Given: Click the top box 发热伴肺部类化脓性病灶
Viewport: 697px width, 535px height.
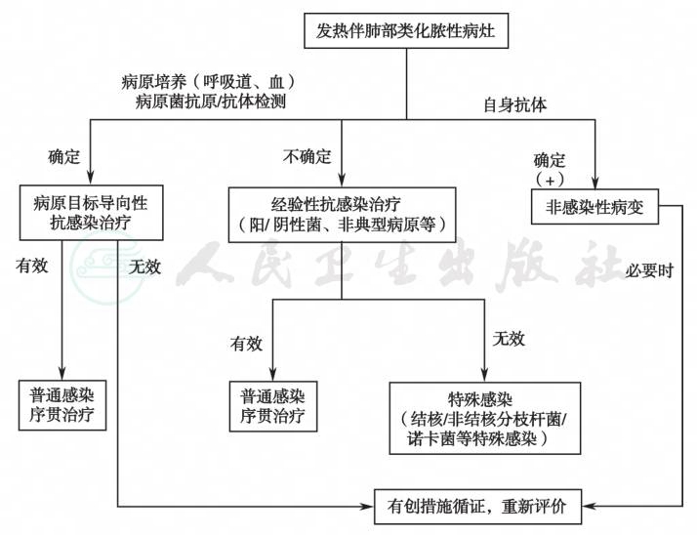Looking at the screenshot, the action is tap(406, 30).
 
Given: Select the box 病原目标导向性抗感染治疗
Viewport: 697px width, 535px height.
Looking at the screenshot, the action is tap(91, 213).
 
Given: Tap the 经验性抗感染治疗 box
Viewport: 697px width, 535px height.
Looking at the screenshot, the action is tap(342, 215).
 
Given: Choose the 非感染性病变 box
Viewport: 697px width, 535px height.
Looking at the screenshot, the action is tap(594, 206).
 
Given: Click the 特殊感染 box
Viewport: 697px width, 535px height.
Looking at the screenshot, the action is tap(485, 418).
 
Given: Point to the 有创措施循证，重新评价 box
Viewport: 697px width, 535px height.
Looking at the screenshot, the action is tap(478, 507).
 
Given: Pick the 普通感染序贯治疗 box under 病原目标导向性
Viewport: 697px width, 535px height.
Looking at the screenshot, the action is tap(62, 405).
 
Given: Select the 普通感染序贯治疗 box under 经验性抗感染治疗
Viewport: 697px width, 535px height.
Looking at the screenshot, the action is tap(273, 406).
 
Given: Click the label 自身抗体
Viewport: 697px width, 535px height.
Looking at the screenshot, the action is tap(515, 105).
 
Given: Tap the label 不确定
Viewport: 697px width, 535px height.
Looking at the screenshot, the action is tap(307, 156).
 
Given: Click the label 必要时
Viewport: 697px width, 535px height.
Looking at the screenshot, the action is tap(649, 270).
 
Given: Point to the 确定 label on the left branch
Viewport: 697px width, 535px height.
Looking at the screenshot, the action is tap(64, 156).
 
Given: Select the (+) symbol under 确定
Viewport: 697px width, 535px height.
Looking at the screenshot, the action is tap(550, 180).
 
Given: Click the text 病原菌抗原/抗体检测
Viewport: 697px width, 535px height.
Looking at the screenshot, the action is tap(210, 102).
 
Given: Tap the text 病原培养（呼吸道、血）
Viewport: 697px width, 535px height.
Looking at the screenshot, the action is tap(209, 82).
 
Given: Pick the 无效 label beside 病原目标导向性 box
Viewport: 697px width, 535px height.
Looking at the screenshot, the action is tap(144, 267).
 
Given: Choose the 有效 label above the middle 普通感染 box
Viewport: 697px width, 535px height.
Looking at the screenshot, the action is tap(246, 344).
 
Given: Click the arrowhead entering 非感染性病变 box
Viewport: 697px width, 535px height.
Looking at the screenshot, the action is tap(594, 184).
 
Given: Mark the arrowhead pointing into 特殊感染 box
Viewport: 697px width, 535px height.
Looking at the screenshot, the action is tap(484, 375).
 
